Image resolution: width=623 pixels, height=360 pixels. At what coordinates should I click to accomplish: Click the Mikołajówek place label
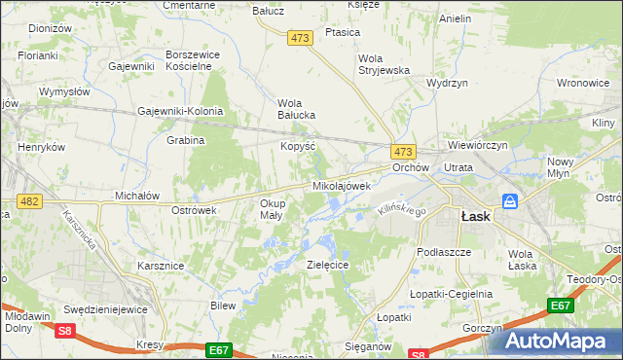(342, 185)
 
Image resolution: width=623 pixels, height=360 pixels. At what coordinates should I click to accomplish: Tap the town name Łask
(474, 217)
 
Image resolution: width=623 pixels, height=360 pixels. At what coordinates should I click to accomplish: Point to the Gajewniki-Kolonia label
(180, 111)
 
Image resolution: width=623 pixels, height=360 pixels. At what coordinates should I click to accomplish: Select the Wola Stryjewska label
(384, 63)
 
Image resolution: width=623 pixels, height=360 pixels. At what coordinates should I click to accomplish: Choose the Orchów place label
(410, 167)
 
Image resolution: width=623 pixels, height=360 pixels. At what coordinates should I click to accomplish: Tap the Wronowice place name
(583, 84)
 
